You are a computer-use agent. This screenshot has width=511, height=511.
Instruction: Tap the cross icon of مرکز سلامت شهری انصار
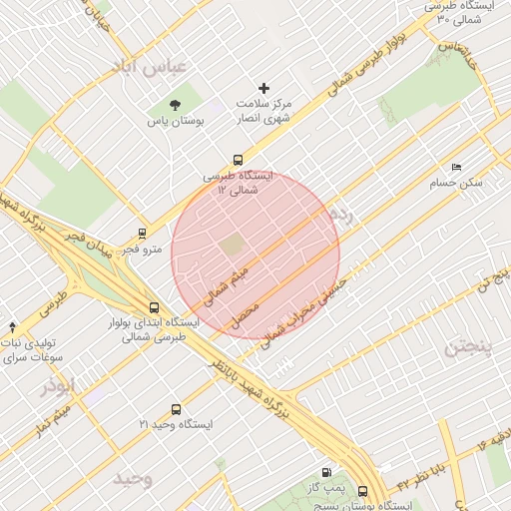point(264,89)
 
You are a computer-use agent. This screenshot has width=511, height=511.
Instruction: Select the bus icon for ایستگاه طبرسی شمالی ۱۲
point(238,160)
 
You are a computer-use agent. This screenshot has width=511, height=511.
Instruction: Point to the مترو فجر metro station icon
point(143,233)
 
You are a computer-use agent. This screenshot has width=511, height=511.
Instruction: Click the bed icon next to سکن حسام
point(457,167)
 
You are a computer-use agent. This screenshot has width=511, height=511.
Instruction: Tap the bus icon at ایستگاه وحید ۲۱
point(177,409)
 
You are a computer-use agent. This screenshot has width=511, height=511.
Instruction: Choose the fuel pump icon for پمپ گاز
point(326,472)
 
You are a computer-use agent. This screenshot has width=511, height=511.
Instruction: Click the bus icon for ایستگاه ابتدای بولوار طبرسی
point(154,307)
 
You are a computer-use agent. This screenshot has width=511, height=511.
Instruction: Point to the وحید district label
point(132,478)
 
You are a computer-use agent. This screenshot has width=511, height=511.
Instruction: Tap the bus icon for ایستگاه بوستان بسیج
point(361,491)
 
